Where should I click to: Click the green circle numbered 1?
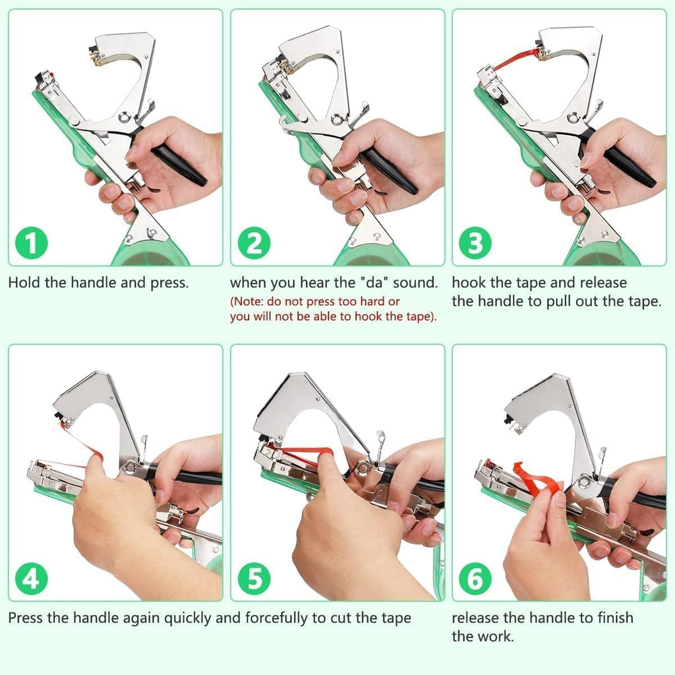coord(32,245)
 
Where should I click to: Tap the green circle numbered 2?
coord(253,245)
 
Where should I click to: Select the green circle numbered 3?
coord(475,245)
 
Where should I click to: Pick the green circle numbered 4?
coord(32,579)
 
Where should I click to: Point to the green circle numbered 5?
coord(253,579)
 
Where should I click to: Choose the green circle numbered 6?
coord(475,579)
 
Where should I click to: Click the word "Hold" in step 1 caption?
coord(24,283)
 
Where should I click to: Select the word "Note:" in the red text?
coord(250,301)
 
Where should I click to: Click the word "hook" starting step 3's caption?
coord(469,283)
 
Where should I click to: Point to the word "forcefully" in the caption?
coord(276,618)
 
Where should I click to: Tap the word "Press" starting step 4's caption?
coord(26,618)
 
